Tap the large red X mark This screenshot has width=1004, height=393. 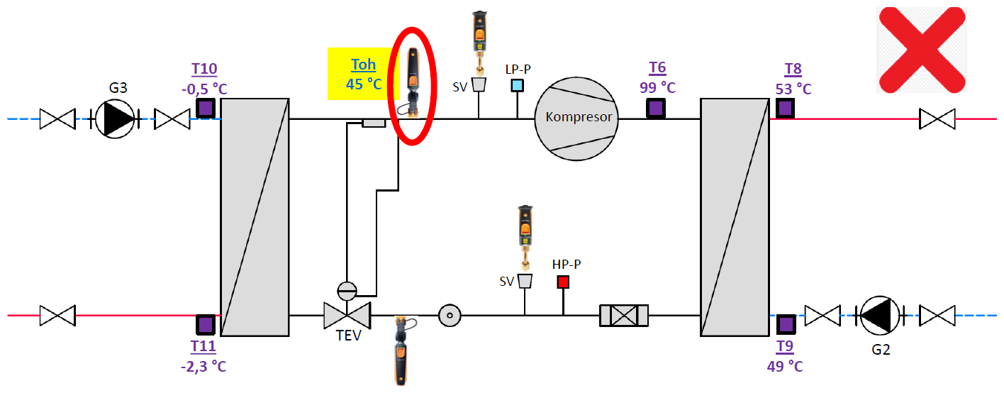[921, 50]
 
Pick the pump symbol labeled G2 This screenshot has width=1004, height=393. [880, 314]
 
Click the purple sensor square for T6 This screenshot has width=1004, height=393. [656, 108]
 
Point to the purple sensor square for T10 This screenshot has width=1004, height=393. [205, 108]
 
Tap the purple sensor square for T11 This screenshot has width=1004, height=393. [205, 324]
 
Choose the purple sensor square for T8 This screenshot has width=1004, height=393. [785, 108]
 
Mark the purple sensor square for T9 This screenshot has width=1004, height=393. [785, 324]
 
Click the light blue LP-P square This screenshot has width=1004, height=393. [518, 85]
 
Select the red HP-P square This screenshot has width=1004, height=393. [563, 282]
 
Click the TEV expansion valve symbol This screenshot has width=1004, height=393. [347, 314]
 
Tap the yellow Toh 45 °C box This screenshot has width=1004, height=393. [364, 74]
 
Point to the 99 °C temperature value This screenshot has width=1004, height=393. [657, 87]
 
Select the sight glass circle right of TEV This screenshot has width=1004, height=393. [450, 314]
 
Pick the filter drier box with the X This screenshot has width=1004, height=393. [624, 315]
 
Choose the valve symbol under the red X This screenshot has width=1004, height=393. [937, 118]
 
